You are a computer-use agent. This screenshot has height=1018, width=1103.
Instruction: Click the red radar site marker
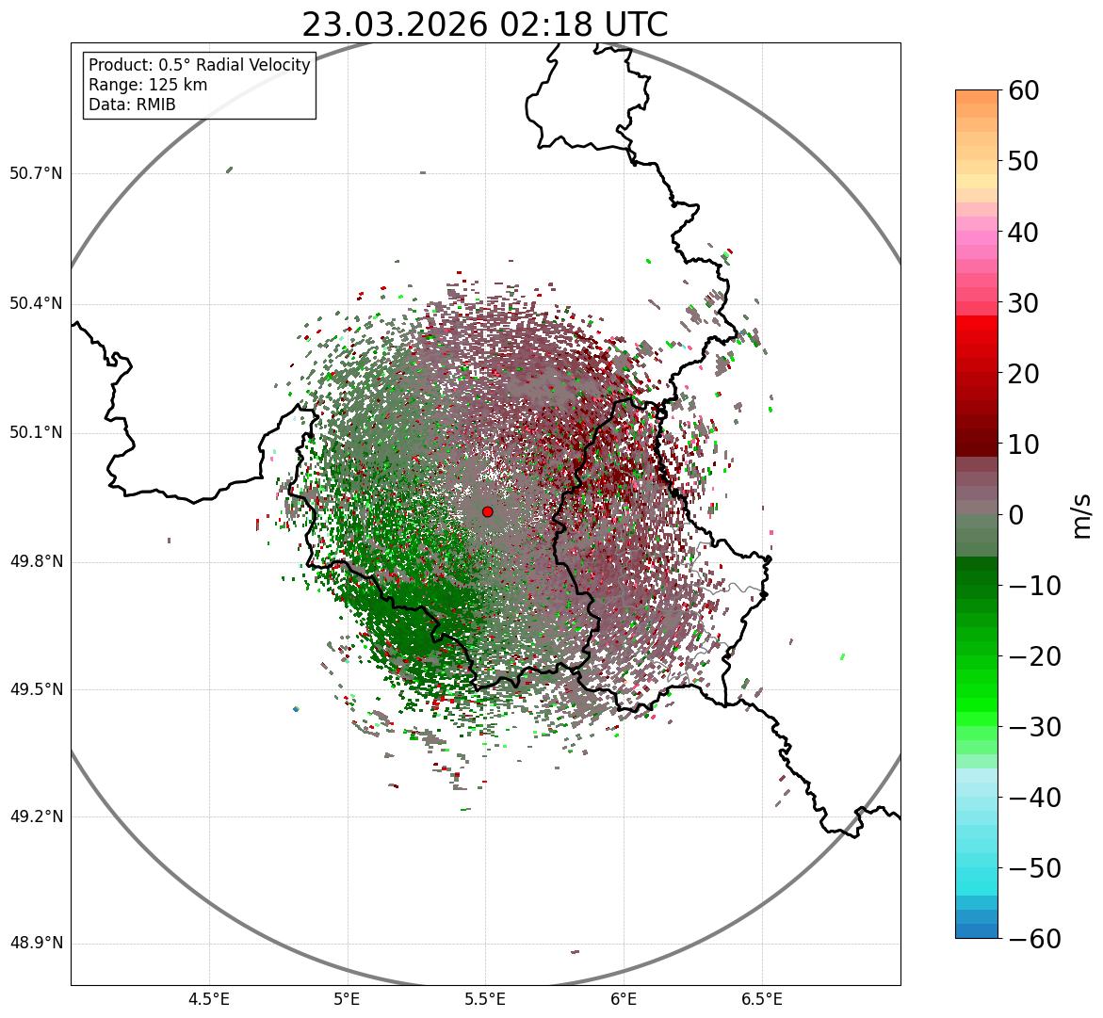click(487, 511)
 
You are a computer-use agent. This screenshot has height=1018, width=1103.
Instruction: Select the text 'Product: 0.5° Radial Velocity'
click(199, 65)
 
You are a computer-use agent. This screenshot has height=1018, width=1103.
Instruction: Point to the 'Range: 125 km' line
click(148, 85)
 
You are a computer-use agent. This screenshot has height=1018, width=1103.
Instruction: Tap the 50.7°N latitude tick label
click(36, 173)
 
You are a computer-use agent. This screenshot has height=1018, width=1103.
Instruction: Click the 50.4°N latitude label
click(36, 303)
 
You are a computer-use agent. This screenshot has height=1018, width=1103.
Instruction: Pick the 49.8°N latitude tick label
click(36, 562)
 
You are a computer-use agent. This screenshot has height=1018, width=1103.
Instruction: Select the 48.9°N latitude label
click(36, 944)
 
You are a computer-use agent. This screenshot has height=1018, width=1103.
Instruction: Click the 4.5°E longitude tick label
click(209, 998)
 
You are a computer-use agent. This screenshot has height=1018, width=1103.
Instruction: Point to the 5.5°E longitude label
click(485, 998)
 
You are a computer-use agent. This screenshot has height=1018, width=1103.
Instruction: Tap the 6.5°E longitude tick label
click(761, 998)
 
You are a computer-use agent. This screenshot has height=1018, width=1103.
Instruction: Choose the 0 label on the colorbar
click(1016, 515)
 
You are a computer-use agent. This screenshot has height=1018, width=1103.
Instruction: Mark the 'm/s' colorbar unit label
click(1082, 515)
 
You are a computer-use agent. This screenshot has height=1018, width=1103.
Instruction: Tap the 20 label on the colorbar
click(1024, 374)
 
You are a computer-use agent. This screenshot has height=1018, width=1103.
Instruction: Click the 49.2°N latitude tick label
click(36, 816)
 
